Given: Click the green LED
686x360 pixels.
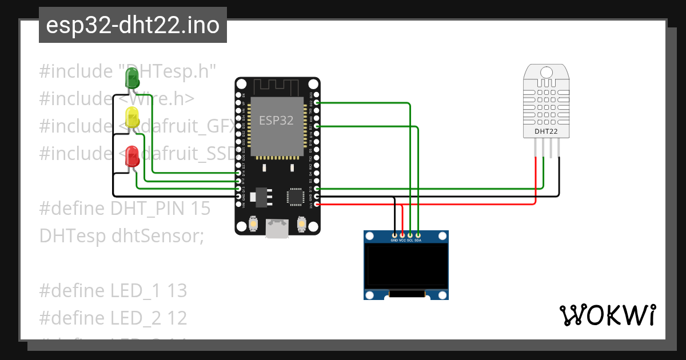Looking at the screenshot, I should pos(132,77).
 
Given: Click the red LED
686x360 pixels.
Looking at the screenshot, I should pos(132,155).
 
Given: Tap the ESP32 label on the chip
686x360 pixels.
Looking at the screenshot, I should pos(276,121).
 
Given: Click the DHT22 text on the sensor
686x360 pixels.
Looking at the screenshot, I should pos(546,131).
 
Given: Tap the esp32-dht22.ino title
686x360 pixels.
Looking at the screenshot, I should pos(133,25).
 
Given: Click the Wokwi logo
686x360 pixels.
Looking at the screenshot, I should pos(607,315).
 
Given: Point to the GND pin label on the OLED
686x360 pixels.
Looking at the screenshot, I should pos(394,241).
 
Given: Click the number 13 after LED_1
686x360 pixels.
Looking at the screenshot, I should pos(177,291).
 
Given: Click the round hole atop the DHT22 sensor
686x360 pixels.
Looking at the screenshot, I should pos(547,73).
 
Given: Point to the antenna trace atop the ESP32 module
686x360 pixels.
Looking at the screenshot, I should pos(277,87).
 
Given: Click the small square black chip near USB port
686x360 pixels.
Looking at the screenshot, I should pos(296,197).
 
